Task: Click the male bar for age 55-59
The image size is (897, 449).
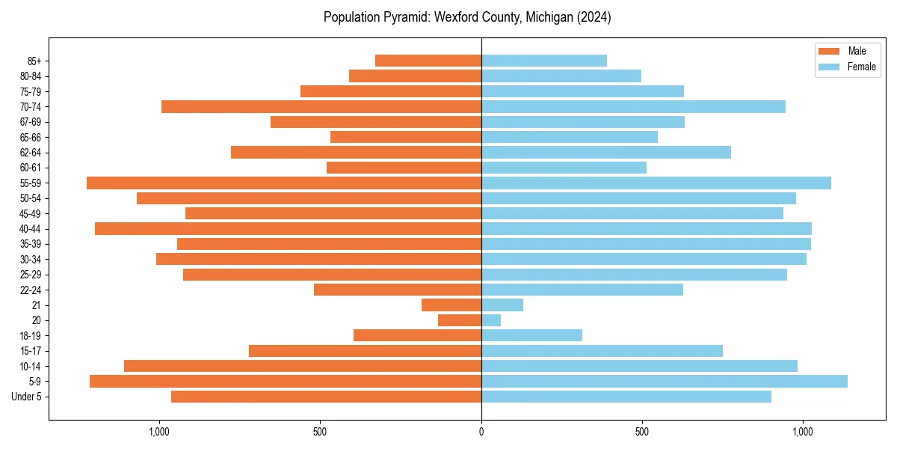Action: [x=284, y=183]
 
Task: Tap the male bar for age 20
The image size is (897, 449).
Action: [x=460, y=320]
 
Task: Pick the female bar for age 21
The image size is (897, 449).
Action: [x=502, y=305]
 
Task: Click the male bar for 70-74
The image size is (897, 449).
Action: [x=321, y=106]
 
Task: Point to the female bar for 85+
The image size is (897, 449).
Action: [x=543, y=61]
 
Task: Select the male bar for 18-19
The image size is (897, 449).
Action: [x=417, y=335]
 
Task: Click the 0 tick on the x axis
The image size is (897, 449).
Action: [x=481, y=432]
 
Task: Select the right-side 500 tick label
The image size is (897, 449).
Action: [x=641, y=432]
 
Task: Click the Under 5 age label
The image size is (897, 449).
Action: [x=26, y=397]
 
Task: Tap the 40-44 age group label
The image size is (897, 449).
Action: [x=30, y=229]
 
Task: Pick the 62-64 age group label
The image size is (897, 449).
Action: [x=30, y=153]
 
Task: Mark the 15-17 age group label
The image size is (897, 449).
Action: [x=30, y=351]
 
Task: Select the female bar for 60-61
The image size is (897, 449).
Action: [x=564, y=168]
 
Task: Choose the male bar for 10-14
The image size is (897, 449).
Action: [x=303, y=366]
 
